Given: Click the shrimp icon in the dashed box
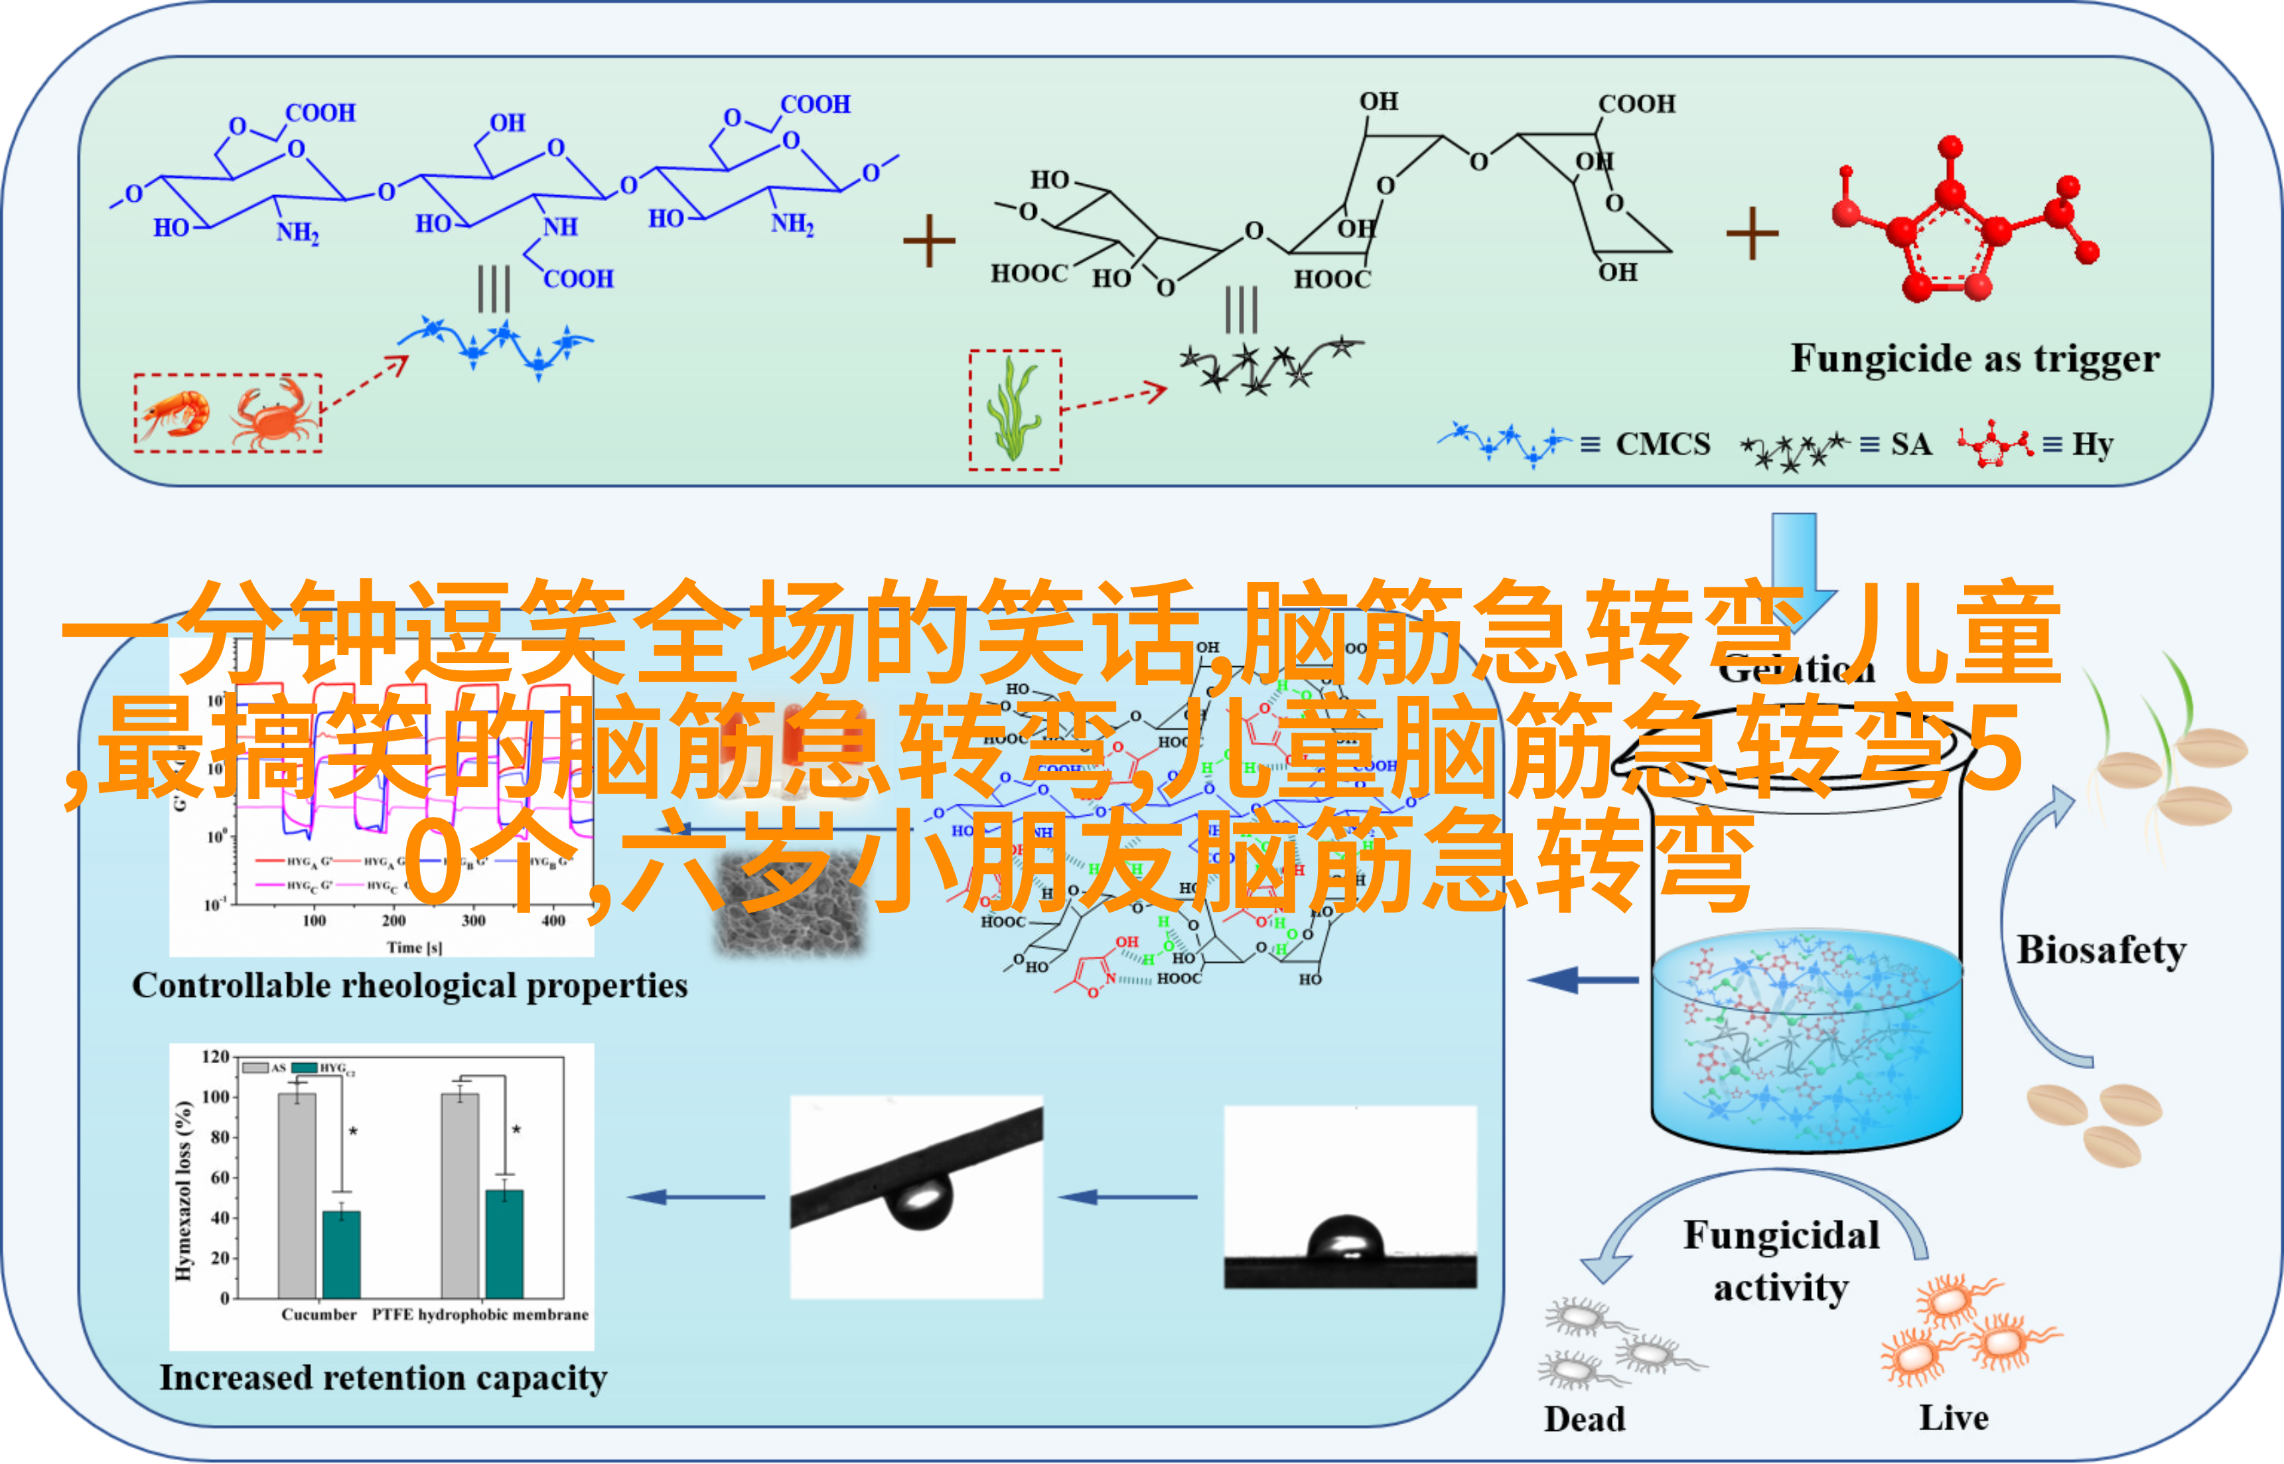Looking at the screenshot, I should click(x=176, y=415).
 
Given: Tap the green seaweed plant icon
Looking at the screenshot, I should click(x=1013, y=409).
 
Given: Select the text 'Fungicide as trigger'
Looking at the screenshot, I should click(x=1974, y=359).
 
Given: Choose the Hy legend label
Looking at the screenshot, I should click(x=2092, y=444).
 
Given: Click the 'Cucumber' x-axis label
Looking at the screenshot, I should click(x=319, y=1315).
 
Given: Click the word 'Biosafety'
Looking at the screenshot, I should click(x=2102, y=950).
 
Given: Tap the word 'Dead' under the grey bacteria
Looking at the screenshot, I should click(x=1585, y=1418).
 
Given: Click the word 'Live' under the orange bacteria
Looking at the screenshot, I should click(x=1954, y=1418).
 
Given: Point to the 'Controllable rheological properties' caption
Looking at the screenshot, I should click(x=409, y=986).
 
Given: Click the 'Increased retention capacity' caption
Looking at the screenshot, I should click(x=383, y=1378).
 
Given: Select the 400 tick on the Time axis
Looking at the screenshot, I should click(x=553, y=920).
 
